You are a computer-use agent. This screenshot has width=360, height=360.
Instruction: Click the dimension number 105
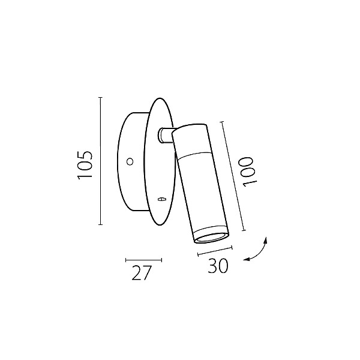tap(85, 165)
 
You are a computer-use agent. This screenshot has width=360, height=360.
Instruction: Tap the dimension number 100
tap(248, 172)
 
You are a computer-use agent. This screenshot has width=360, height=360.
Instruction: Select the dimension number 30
tap(218, 266)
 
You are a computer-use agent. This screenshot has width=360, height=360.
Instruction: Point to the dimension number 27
tap(142, 272)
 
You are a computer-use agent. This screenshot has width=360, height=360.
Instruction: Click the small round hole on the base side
tap(130, 161)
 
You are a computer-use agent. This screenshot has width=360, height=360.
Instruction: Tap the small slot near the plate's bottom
tap(162, 199)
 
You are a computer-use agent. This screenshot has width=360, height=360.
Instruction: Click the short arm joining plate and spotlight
tap(166, 136)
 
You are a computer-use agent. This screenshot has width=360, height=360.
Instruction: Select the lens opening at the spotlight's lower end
tap(211, 238)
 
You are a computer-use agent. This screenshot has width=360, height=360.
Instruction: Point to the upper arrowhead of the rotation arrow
tap(266, 240)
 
